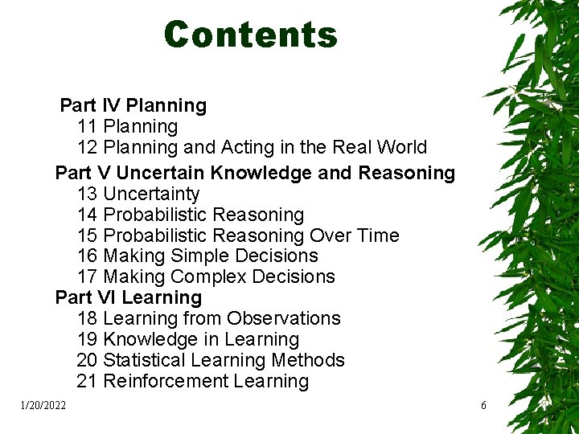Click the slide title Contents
(x=250, y=35)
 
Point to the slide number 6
(x=483, y=406)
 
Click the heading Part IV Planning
(x=133, y=105)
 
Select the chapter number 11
(x=88, y=127)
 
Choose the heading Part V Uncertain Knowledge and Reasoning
(x=255, y=173)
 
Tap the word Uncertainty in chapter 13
(x=151, y=194)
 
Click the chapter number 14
(x=88, y=215)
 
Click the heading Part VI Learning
(x=129, y=298)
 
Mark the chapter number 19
(x=88, y=340)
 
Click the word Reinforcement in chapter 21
(x=166, y=382)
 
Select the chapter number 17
(x=88, y=277)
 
